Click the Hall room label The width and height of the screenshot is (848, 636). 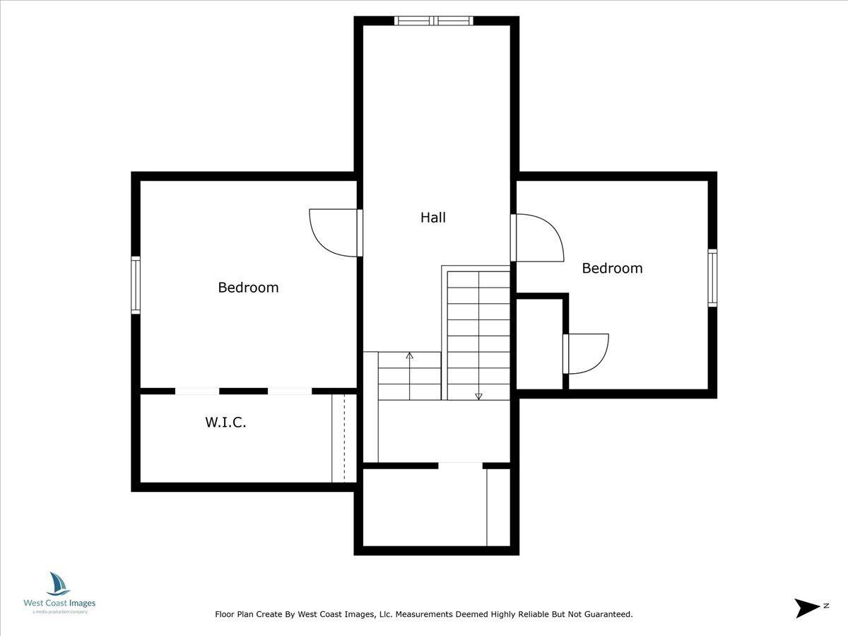point(433,218)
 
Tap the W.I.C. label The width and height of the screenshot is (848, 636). point(225,423)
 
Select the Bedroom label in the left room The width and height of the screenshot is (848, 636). point(248,288)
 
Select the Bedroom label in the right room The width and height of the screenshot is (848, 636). point(612,269)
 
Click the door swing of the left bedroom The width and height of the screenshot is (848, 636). point(332,233)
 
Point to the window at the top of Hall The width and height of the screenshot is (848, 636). point(433,20)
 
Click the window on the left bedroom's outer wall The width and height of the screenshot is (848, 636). point(136,285)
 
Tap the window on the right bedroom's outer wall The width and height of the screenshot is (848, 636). point(712,278)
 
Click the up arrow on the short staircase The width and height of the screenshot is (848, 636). point(409,355)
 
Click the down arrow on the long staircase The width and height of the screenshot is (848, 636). point(478,396)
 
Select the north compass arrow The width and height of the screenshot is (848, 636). point(806,607)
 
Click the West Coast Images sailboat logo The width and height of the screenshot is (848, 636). point(59,584)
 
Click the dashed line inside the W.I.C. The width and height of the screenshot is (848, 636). point(343,438)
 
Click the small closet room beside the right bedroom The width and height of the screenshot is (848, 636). point(539,343)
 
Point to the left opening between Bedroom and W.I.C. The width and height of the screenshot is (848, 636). point(197,391)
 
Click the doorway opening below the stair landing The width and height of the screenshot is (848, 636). point(460,465)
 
